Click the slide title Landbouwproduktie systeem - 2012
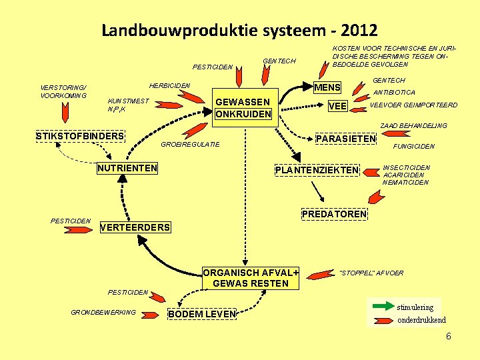tap(239, 30)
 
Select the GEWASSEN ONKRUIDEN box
tap(243, 108)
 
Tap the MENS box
tap(327, 87)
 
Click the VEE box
tap(338, 105)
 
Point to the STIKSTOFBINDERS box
tap(80, 137)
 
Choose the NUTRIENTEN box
tap(127, 168)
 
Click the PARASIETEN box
tap(345, 139)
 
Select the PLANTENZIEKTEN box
tap(317, 171)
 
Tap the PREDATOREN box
tap(334, 214)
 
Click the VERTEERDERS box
tap(135, 227)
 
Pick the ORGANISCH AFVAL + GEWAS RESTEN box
tap(251, 278)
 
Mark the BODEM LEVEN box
tap(203, 314)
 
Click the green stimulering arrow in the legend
tap(382, 307)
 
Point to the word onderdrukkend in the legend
tap(421, 320)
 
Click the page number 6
tap(449, 337)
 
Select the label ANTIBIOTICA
tap(395, 93)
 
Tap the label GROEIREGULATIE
tap(191, 144)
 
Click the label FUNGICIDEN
tap(415, 146)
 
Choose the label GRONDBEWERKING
tap(103, 312)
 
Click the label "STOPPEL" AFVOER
tap(372, 273)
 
